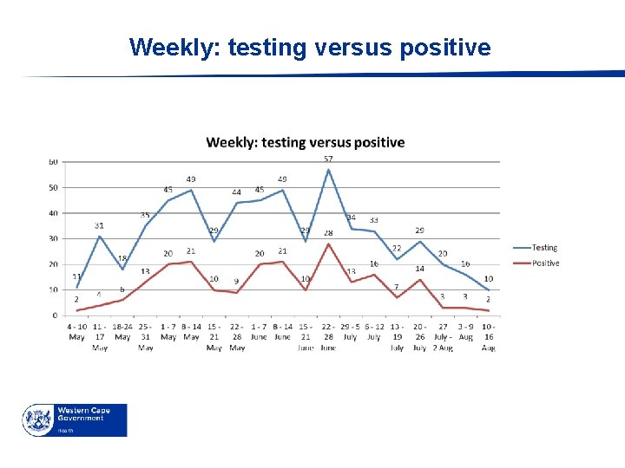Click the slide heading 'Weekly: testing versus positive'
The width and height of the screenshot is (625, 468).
(310, 47)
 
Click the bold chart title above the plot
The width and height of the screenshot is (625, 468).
(305, 142)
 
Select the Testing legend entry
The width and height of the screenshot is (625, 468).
(544, 248)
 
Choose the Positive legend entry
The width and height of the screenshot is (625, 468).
(545, 263)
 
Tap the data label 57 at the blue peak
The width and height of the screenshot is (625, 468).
(328, 159)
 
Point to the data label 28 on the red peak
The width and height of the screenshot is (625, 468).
(328, 233)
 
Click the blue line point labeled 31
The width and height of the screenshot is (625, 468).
(100, 236)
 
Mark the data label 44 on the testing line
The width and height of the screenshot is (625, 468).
(236, 192)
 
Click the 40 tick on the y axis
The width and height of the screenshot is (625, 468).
(54, 213)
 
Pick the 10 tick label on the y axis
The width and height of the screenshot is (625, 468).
(54, 289)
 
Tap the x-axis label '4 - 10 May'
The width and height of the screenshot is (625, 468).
(76, 331)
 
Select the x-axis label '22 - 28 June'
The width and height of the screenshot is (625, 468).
(328, 336)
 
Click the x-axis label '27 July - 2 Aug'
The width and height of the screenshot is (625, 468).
(443, 336)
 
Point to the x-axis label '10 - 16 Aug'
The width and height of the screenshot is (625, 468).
(489, 336)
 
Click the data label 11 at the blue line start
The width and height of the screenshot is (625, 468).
(76, 276)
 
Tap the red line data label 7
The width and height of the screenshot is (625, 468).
(396, 287)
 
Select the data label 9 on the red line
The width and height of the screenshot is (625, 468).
(236, 282)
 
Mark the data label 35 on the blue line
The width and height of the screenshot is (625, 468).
(145, 215)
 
